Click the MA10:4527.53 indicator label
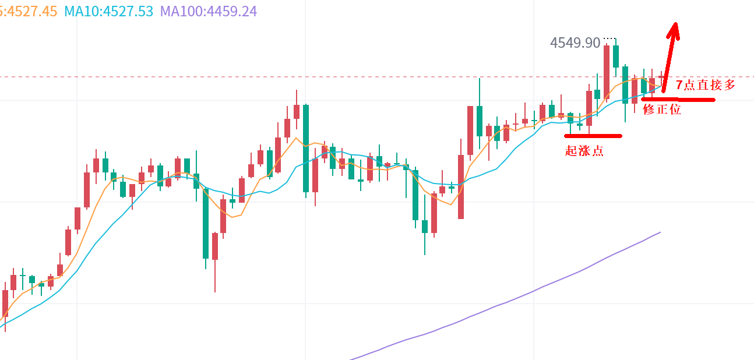point(108,11)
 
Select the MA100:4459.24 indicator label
point(208,11)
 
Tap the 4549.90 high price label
point(575,43)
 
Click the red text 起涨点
point(584,151)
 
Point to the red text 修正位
point(661,109)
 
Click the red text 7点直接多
point(706,85)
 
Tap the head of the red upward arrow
point(674,26)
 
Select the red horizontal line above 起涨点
point(593,136)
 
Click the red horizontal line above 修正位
point(678,100)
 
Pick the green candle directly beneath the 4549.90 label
point(616,57)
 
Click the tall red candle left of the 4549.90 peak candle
point(607,72)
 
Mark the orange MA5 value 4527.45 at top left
point(29,11)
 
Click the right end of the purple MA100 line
point(660,232)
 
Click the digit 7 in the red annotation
point(679,85)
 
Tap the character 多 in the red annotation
point(729,85)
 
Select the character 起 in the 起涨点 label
point(571,151)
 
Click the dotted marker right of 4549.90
point(609,38)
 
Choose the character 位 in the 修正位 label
point(675,109)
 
